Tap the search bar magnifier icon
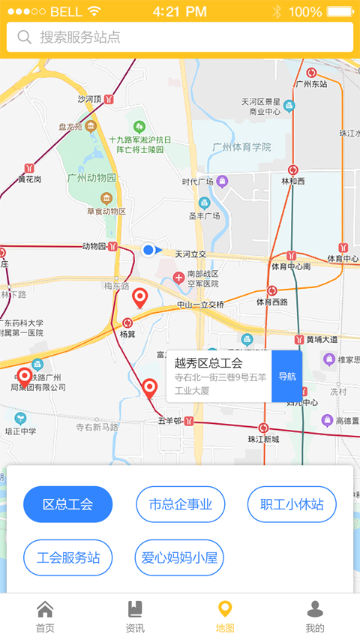click(25, 38)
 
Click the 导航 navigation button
click(286, 376)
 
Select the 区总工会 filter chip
click(67, 504)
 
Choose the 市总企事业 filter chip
click(180, 504)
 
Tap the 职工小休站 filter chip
click(292, 504)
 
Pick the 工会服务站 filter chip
click(67, 557)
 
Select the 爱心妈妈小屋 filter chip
click(180, 557)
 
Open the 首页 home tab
click(45, 617)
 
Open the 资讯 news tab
click(135, 617)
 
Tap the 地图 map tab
click(225, 617)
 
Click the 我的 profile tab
click(315, 617)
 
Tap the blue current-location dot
click(148, 250)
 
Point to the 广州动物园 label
click(92, 178)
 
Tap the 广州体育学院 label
click(241, 147)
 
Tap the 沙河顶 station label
click(89, 98)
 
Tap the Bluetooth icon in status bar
click(277, 11)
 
